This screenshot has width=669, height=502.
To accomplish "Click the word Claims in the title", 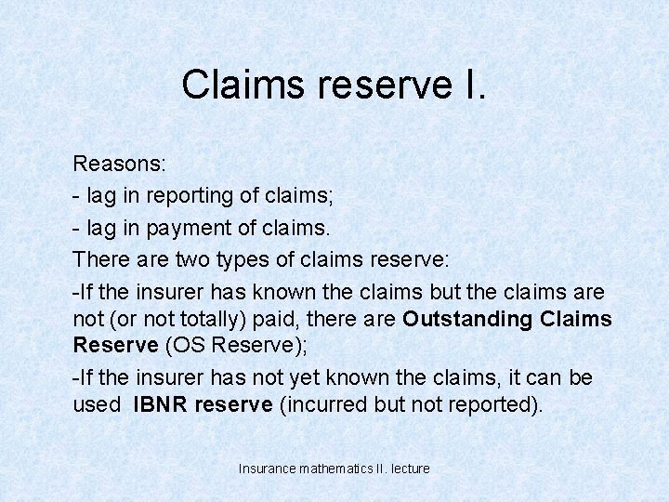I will (x=244, y=85).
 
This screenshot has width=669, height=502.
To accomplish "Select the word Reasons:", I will (x=120, y=165).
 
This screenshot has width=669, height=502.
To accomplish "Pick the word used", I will (x=96, y=405).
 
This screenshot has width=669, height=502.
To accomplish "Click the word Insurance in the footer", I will (x=267, y=469).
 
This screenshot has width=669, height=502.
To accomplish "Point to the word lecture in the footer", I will (x=410, y=469).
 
